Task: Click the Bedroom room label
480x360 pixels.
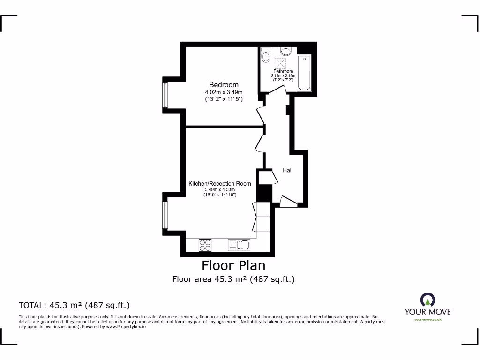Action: (x=224, y=85)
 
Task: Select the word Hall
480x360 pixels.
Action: (x=287, y=170)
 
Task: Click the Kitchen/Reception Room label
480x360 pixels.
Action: (x=219, y=184)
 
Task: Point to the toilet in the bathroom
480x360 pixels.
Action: (x=266, y=55)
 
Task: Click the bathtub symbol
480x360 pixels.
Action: (x=304, y=73)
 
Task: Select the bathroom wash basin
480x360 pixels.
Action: (x=285, y=51)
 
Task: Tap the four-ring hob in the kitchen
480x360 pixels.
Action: (x=205, y=245)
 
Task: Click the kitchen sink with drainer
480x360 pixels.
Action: (x=239, y=245)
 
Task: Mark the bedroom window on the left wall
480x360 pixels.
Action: (x=165, y=95)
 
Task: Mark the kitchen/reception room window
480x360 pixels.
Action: (x=165, y=215)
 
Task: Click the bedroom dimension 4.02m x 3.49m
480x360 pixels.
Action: (x=224, y=92)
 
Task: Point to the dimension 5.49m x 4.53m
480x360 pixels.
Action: (x=219, y=190)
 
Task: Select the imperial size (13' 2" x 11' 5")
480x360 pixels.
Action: (x=224, y=99)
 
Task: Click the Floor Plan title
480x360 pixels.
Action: (x=233, y=265)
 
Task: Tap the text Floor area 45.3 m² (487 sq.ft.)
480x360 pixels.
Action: (x=233, y=279)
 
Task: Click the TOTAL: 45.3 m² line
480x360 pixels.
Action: (x=74, y=305)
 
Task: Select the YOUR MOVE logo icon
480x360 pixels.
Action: (x=427, y=300)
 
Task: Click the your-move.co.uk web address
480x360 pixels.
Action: (x=427, y=320)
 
